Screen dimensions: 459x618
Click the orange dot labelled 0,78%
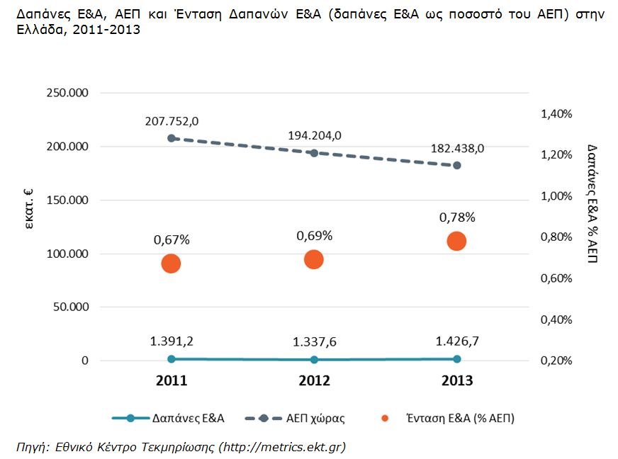pyautogui.click(x=456, y=242)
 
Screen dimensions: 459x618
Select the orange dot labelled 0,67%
pyautogui.click(x=171, y=263)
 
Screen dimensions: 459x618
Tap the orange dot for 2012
pyautogui.click(x=314, y=259)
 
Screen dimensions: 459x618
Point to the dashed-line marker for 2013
pyautogui.click(x=456, y=165)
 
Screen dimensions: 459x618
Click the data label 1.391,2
pyautogui.click(x=172, y=341)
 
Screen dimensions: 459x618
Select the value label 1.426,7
pyautogui.click(x=457, y=341)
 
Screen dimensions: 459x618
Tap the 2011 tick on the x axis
pyautogui.click(x=172, y=381)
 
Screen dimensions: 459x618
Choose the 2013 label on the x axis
pyautogui.click(x=456, y=381)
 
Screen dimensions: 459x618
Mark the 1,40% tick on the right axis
pyautogui.click(x=557, y=113)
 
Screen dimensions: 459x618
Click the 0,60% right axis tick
pyautogui.click(x=557, y=278)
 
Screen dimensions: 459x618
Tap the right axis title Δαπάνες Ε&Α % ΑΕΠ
pyautogui.click(x=592, y=202)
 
